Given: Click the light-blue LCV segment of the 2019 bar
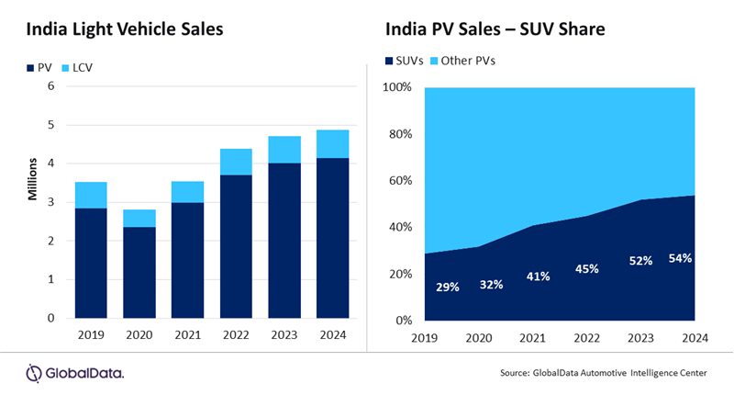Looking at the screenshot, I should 91,195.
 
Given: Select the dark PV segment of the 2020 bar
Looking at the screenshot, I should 140,272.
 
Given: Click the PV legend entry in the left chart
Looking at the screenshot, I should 38,68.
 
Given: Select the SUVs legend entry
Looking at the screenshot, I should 408,62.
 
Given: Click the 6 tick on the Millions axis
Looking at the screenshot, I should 51,86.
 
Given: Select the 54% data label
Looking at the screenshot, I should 680,258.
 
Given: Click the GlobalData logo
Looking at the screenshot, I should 75,372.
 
